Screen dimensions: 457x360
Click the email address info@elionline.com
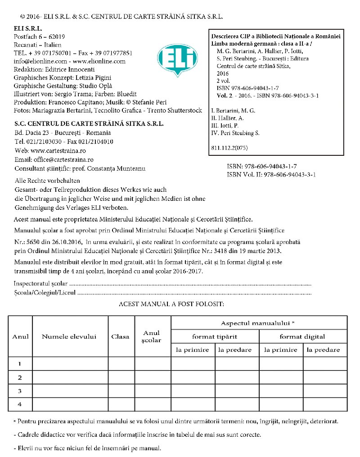click(40, 61)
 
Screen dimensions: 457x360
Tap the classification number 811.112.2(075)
click(229, 148)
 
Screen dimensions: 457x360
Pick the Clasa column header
click(120, 336)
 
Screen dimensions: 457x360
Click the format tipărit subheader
click(215, 336)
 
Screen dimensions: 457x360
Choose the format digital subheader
click(302, 336)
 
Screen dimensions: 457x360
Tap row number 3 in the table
click(20, 391)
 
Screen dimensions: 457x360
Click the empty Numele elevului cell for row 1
click(70, 363)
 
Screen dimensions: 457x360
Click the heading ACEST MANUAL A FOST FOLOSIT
click(171, 304)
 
